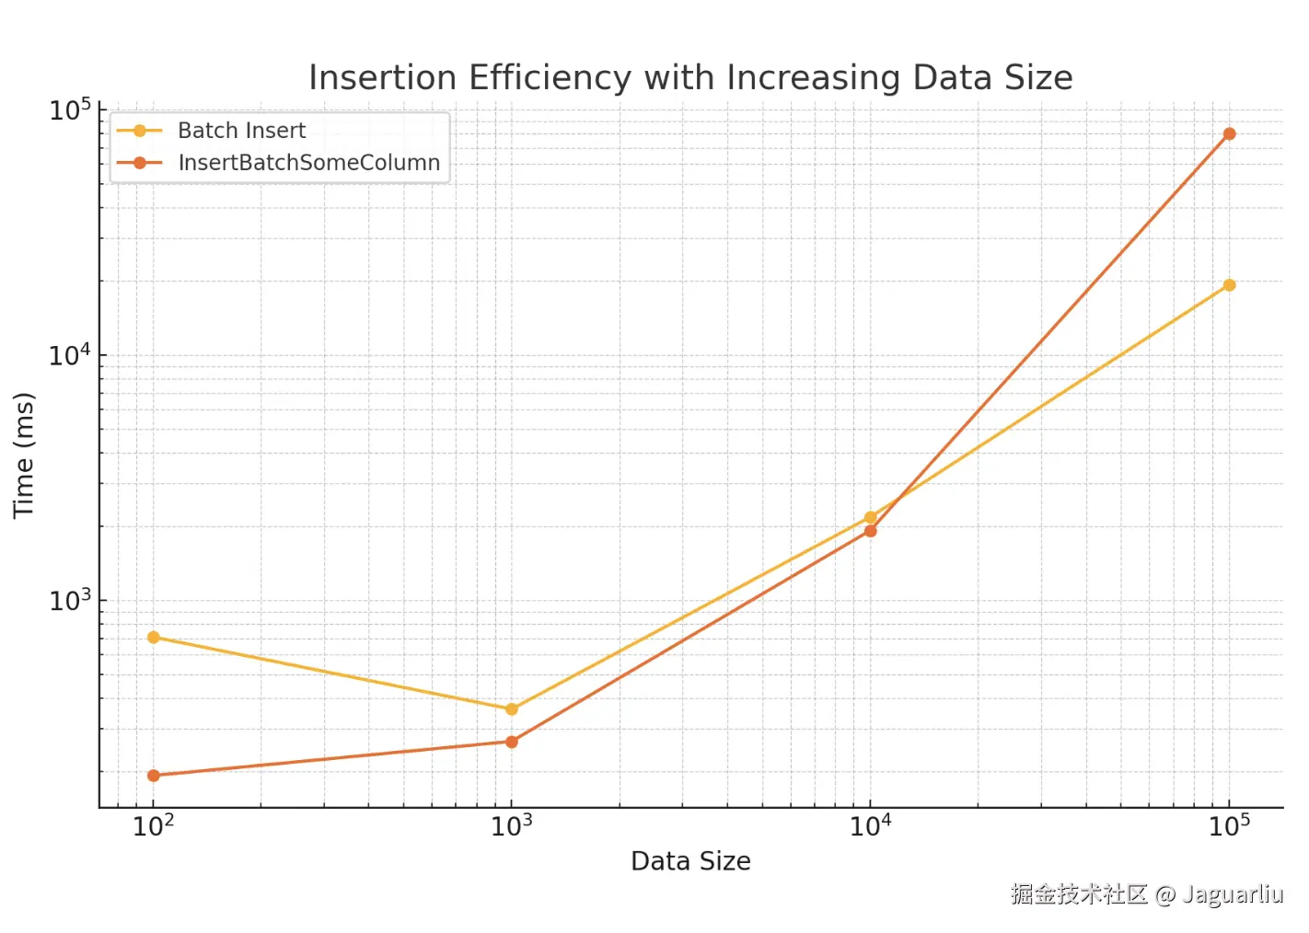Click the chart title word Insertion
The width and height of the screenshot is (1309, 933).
382,78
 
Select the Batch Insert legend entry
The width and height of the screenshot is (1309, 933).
241,131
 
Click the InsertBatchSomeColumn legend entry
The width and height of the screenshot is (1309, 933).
308,163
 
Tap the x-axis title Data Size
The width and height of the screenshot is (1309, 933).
690,861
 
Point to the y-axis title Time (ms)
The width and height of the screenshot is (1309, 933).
24,455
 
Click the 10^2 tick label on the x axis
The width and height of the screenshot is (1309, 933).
153,825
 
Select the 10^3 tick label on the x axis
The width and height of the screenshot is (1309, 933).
511,825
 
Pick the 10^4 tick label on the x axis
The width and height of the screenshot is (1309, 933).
870,825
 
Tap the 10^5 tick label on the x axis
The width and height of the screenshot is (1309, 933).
1229,825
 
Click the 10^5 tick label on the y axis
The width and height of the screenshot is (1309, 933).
70,110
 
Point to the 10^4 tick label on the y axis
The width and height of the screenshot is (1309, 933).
70,355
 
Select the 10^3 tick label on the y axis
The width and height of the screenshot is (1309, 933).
70,601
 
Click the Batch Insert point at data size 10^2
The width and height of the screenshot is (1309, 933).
154,638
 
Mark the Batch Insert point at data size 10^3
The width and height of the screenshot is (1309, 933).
512,709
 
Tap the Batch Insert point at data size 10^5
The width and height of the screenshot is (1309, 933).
1229,285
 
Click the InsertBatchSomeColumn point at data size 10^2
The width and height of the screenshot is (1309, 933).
154,776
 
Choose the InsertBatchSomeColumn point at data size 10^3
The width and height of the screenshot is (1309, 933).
512,742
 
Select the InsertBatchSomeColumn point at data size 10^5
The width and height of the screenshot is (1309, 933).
1229,134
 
